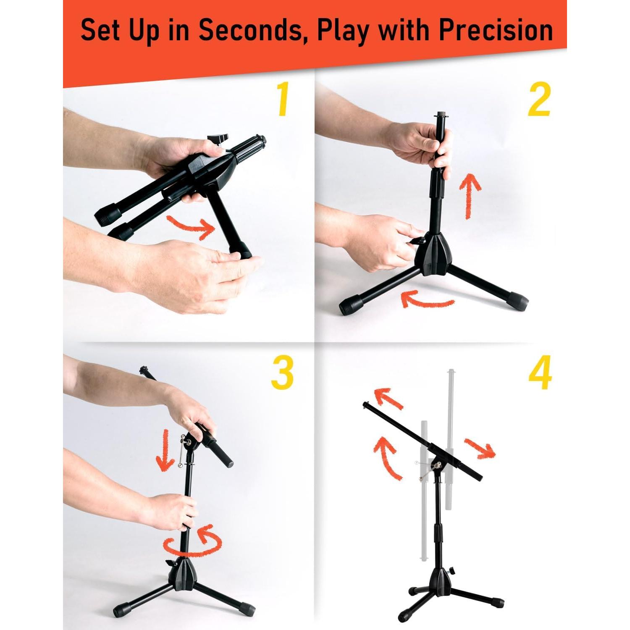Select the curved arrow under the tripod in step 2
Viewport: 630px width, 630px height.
coord(426,299)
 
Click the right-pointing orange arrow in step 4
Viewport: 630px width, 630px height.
coord(480,448)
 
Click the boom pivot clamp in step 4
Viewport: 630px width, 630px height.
coord(437,465)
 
